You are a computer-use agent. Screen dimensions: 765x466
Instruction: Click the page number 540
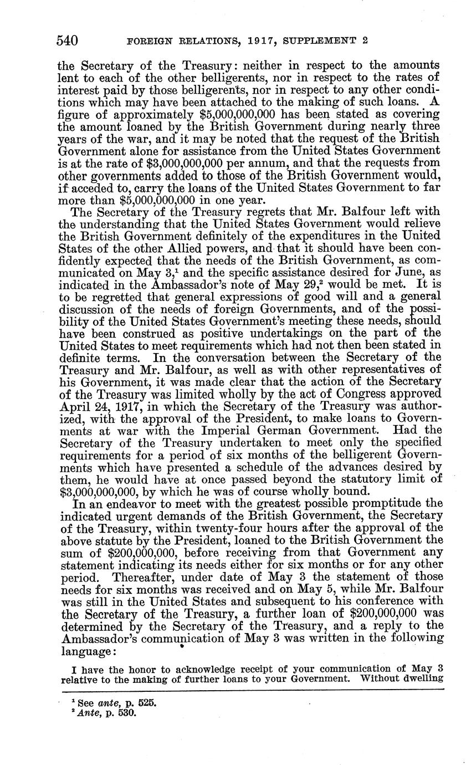(x=68, y=40)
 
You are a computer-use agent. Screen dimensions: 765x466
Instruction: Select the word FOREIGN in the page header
(x=149, y=41)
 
